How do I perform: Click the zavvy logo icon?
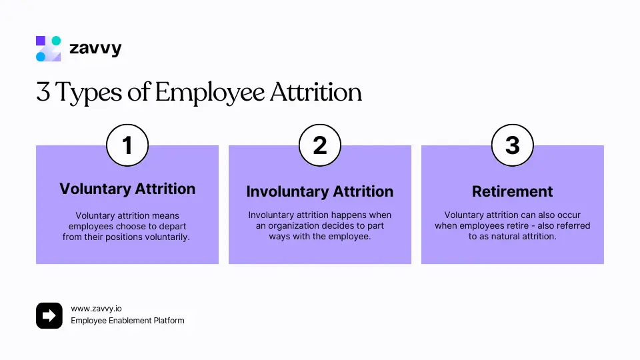tap(48, 49)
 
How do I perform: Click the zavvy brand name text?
tap(95, 49)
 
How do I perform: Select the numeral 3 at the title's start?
tap(43, 93)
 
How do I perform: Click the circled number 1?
tap(127, 145)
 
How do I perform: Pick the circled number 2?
tap(320, 145)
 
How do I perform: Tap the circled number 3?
tap(512, 145)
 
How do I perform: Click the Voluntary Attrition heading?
tap(127, 189)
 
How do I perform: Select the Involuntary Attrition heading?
tap(320, 192)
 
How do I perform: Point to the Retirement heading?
tap(512, 192)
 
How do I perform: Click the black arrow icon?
tap(49, 315)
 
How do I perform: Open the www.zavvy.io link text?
tap(97, 309)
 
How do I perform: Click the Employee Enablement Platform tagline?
tap(127, 321)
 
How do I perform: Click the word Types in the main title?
tap(91, 93)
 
